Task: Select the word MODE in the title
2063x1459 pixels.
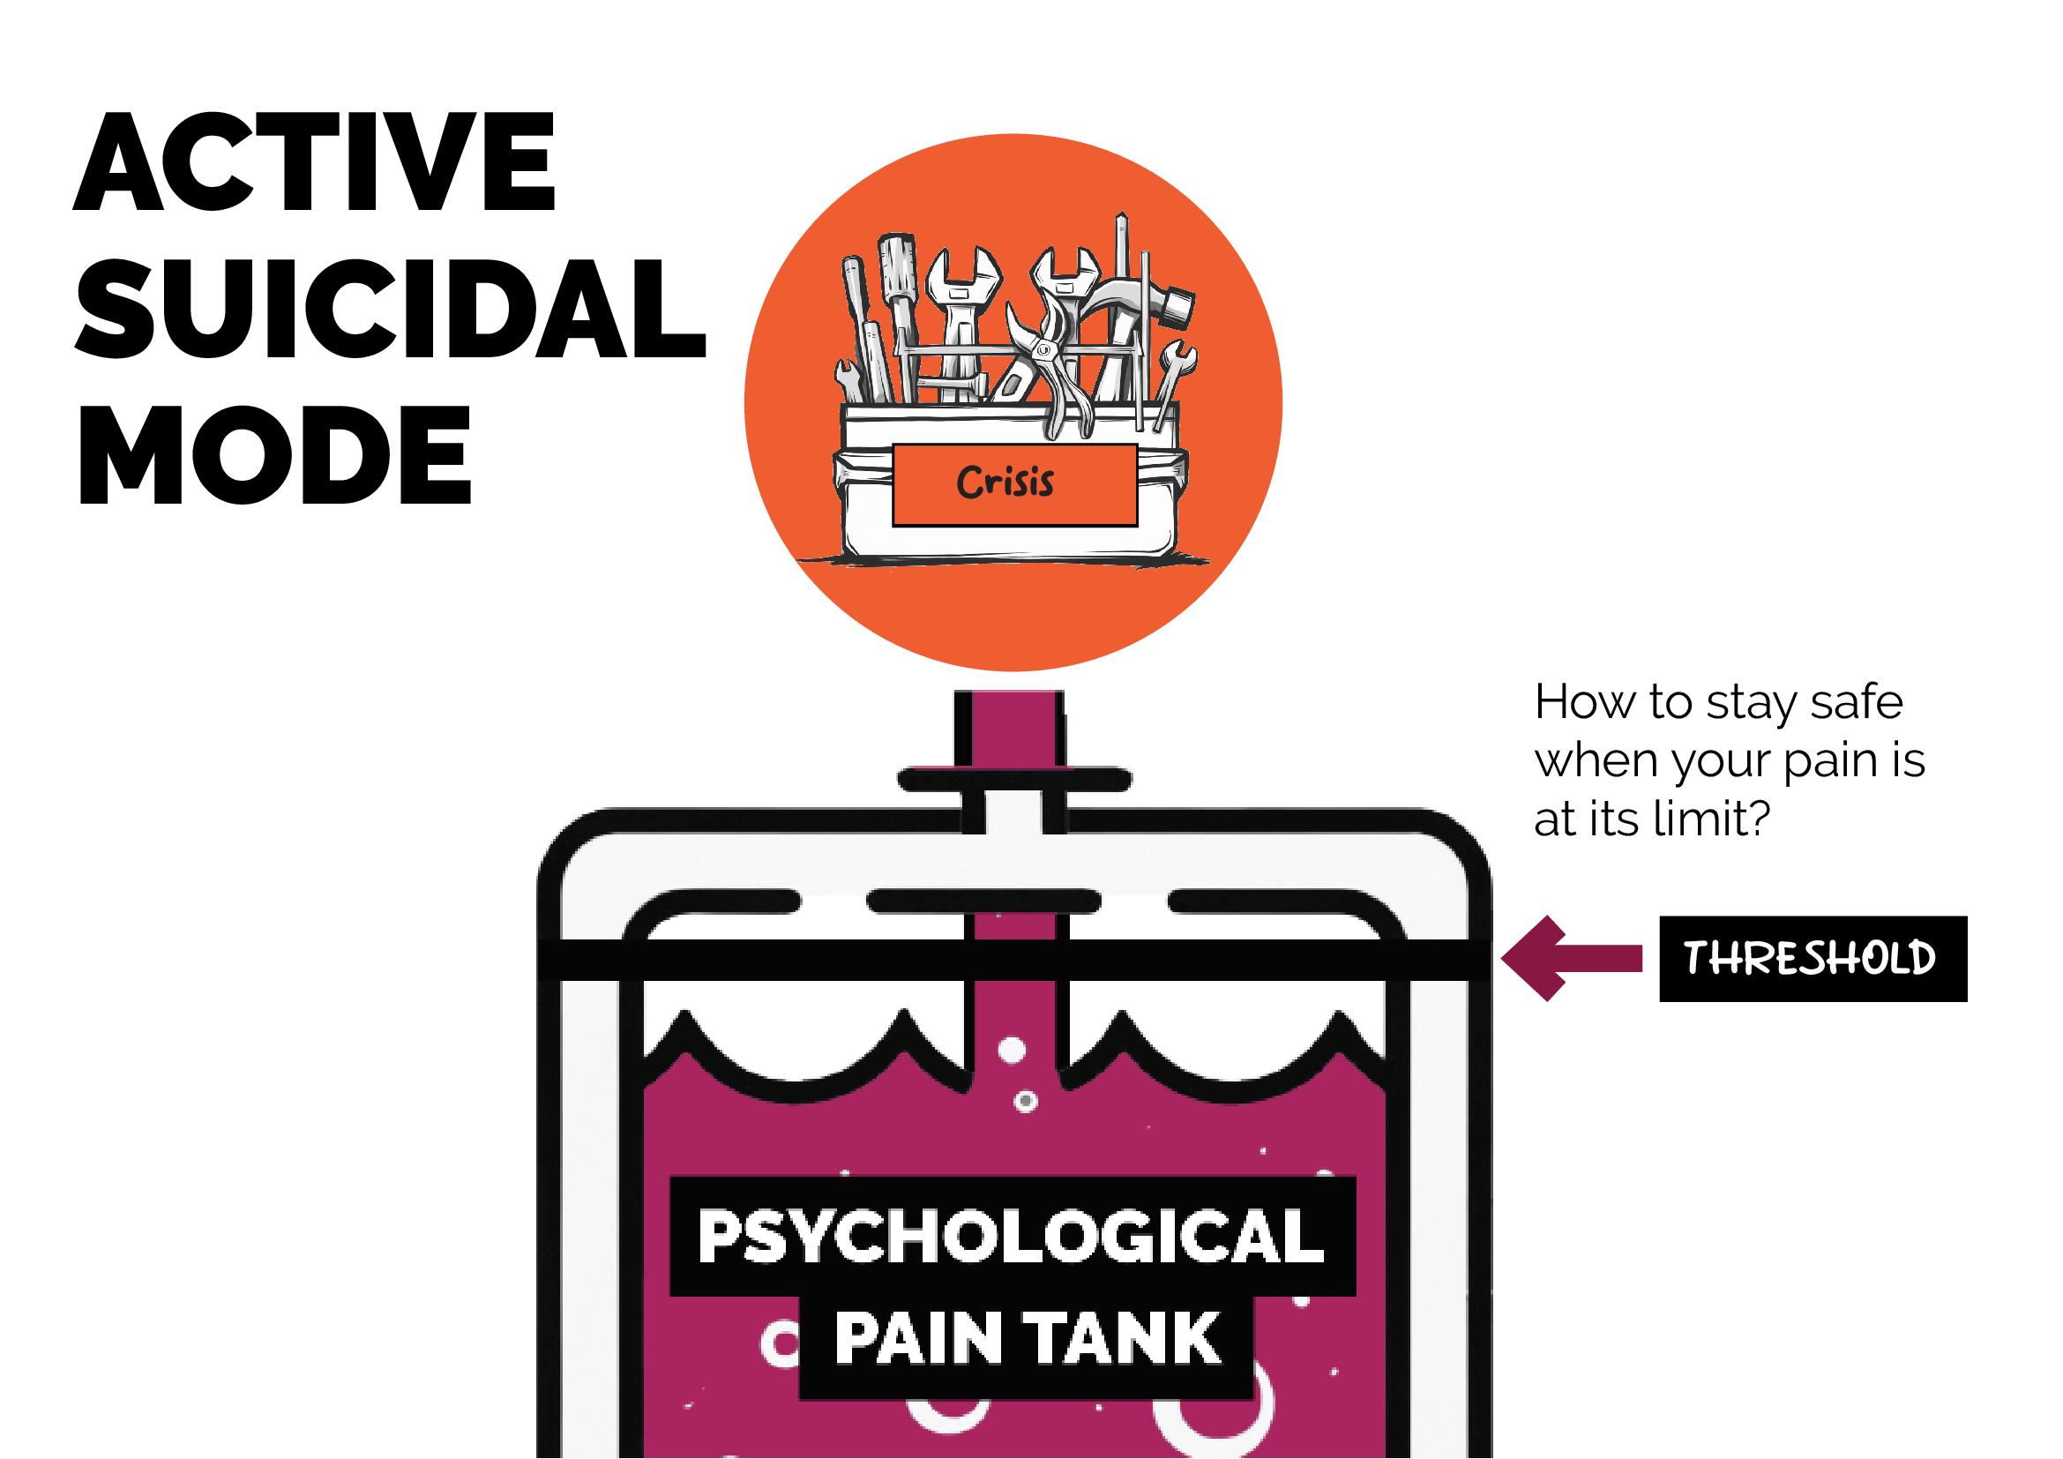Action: point(275,454)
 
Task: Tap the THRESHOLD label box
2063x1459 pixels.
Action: point(1812,959)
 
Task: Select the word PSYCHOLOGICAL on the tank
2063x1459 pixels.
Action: point(1011,1237)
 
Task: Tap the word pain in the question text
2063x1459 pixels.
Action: point(1825,761)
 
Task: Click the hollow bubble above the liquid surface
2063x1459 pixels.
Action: point(1013,1050)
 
